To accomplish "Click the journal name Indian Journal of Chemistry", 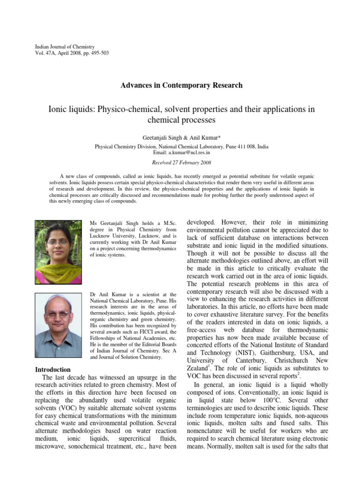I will click(x=65, y=47).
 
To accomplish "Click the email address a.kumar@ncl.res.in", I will click(x=189, y=152).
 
